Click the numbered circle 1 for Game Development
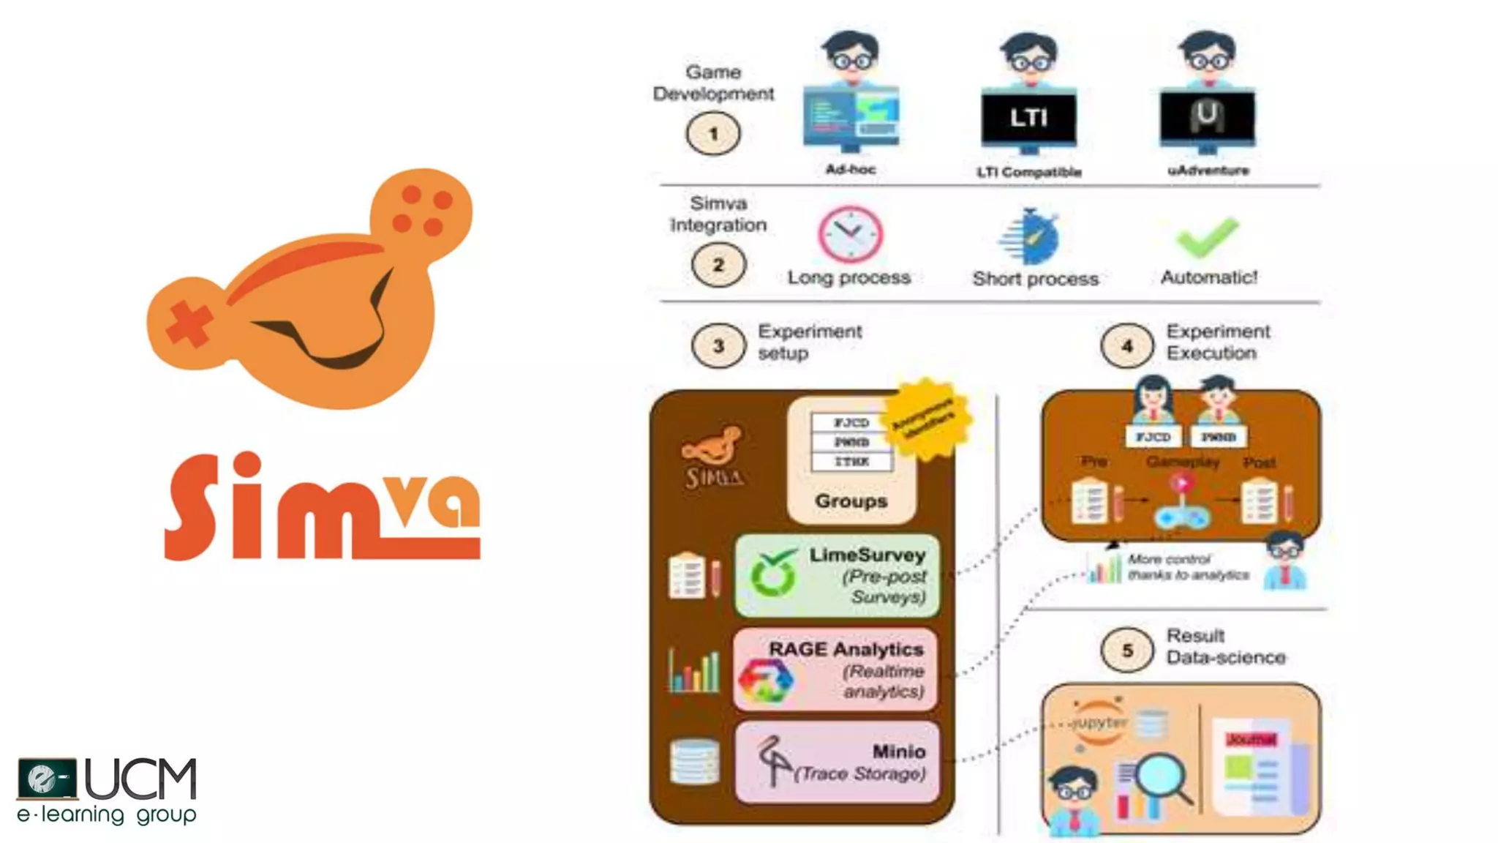click(x=713, y=134)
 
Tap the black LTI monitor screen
click(x=1028, y=117)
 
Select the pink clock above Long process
click(x=850, y=234)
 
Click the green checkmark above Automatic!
click(x=1207, y=236)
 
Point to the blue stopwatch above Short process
click(x=1031, y=236)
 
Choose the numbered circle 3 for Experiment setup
click(x=718, y=345)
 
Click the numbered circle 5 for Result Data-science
click(x=1126, y=650)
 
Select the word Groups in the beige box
click(x=851, y=501)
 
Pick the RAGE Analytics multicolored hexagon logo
click(x=765, y=681)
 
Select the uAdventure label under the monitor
click(x=1208, y=171)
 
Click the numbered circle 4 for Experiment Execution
click(x=1126, y=345)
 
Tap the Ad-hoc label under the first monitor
click(x=850, y=170)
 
